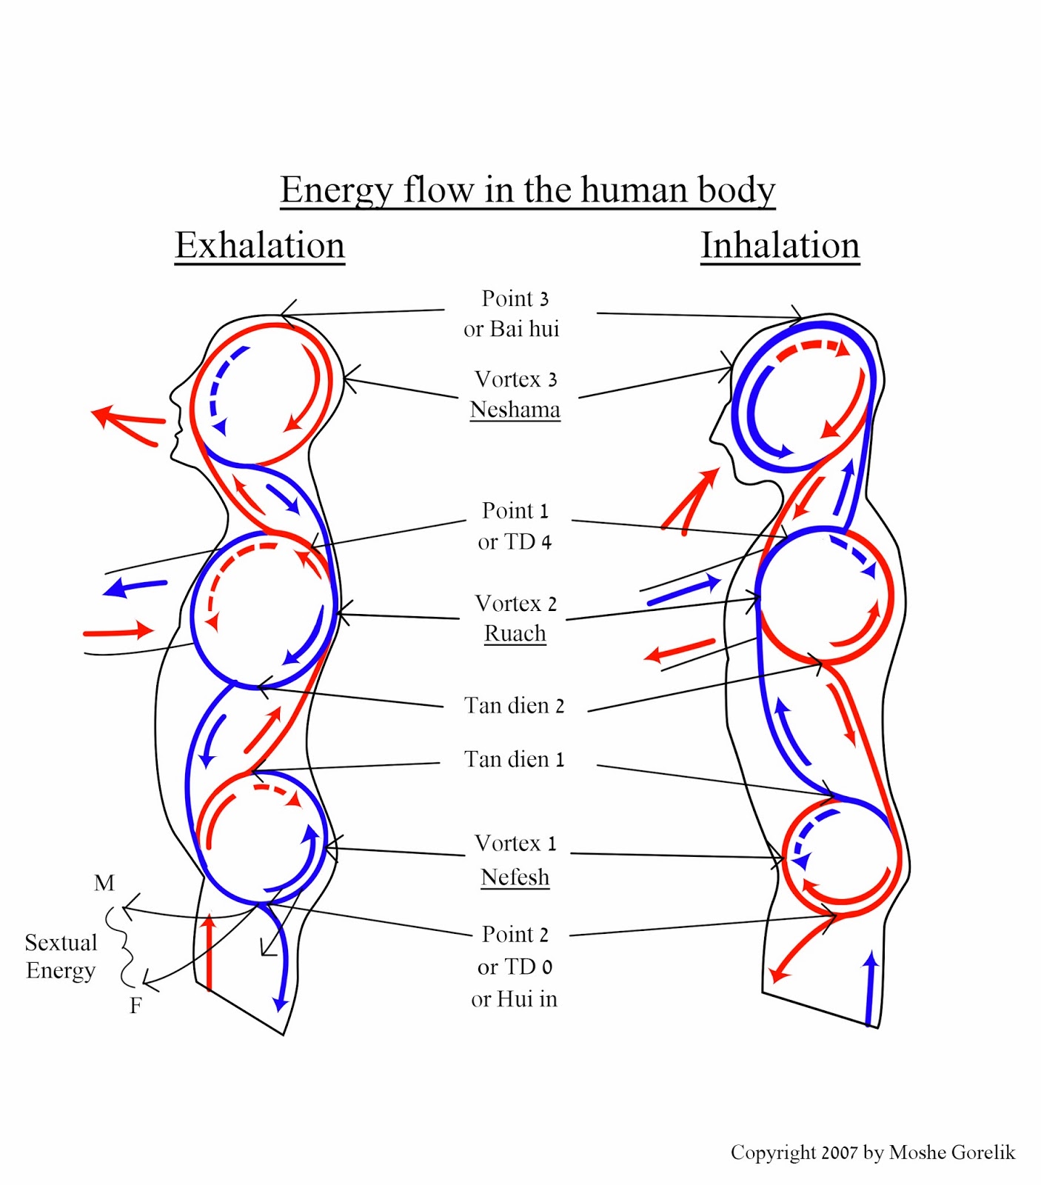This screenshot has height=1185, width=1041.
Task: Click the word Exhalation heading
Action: (260, 245)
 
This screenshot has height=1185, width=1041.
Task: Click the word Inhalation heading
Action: (780, 245)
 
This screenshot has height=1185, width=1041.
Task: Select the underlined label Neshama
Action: (515, 410)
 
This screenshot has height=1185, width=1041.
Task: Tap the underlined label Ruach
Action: (515, 634)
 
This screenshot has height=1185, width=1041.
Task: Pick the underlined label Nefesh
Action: (515, 878)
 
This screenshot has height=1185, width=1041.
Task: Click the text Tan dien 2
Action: (514, 706)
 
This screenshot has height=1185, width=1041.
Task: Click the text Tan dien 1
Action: (514, 760)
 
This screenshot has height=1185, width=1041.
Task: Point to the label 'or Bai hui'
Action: (512, 329)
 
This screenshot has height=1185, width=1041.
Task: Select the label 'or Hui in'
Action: (514, 999)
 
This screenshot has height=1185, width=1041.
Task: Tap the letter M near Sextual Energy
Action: (104, 883)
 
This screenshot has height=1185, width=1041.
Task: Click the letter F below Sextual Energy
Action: (135, 1006)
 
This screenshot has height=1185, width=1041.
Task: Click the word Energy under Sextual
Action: (61, 971)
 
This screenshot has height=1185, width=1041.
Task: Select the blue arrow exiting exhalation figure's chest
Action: (135, 587)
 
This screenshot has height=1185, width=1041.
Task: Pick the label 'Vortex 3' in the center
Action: (515, 379)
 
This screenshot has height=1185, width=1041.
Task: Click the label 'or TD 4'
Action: (515, 542)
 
